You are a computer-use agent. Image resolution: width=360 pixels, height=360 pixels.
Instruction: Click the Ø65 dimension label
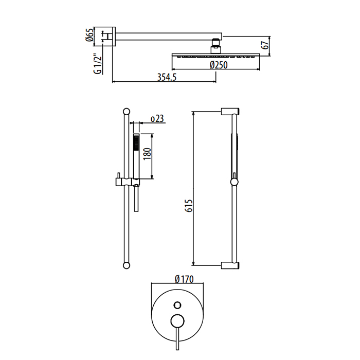pyautogui.click(x=90, y=34)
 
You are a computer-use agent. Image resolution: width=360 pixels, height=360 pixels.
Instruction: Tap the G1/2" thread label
pyautogui.click(x=97, y=64)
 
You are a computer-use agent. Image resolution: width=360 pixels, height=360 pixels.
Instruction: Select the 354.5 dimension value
pyautogui.click(x=167, y=77)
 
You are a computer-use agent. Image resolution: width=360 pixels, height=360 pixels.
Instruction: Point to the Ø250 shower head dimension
pyautogui.click(x=219, y=65)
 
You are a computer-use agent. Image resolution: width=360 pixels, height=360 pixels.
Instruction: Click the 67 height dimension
pyautogui.click(x=265, y=45)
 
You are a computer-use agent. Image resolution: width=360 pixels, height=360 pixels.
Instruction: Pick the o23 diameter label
pyautogui.click(x=157, y=119)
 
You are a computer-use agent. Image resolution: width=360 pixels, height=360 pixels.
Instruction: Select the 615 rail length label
pyautogui.click(x=189, y=206)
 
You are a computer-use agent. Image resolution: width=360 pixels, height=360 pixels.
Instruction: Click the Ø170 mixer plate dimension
pyautogui.click(x=184, y=279)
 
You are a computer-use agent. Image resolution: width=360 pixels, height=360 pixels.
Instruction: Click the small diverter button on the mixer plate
pyautogui.click(x=177, y=305)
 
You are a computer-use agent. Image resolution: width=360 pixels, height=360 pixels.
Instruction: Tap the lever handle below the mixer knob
pyautogui.click(x=177, y=338)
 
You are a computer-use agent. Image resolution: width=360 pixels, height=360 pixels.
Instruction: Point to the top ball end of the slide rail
pyautogui.click(x=127, y=112)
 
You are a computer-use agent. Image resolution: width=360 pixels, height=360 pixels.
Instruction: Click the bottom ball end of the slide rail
pyautogui.click(x=127, y=265)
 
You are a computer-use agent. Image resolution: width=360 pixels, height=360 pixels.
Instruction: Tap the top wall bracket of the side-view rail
pyautogui.click(x=230, y=112)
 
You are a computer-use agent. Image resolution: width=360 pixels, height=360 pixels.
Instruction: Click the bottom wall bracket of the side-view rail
pyautogui.click(x=230, y=265)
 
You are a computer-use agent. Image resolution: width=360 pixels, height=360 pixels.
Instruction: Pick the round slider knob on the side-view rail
pyautogui.click(x=234, y=182)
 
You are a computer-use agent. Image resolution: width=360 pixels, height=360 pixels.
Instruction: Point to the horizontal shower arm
pyautogui.click(x=169, y=37)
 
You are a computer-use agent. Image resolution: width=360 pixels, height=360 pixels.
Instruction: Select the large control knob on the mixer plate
pyautogui.click(x=177, y=320)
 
